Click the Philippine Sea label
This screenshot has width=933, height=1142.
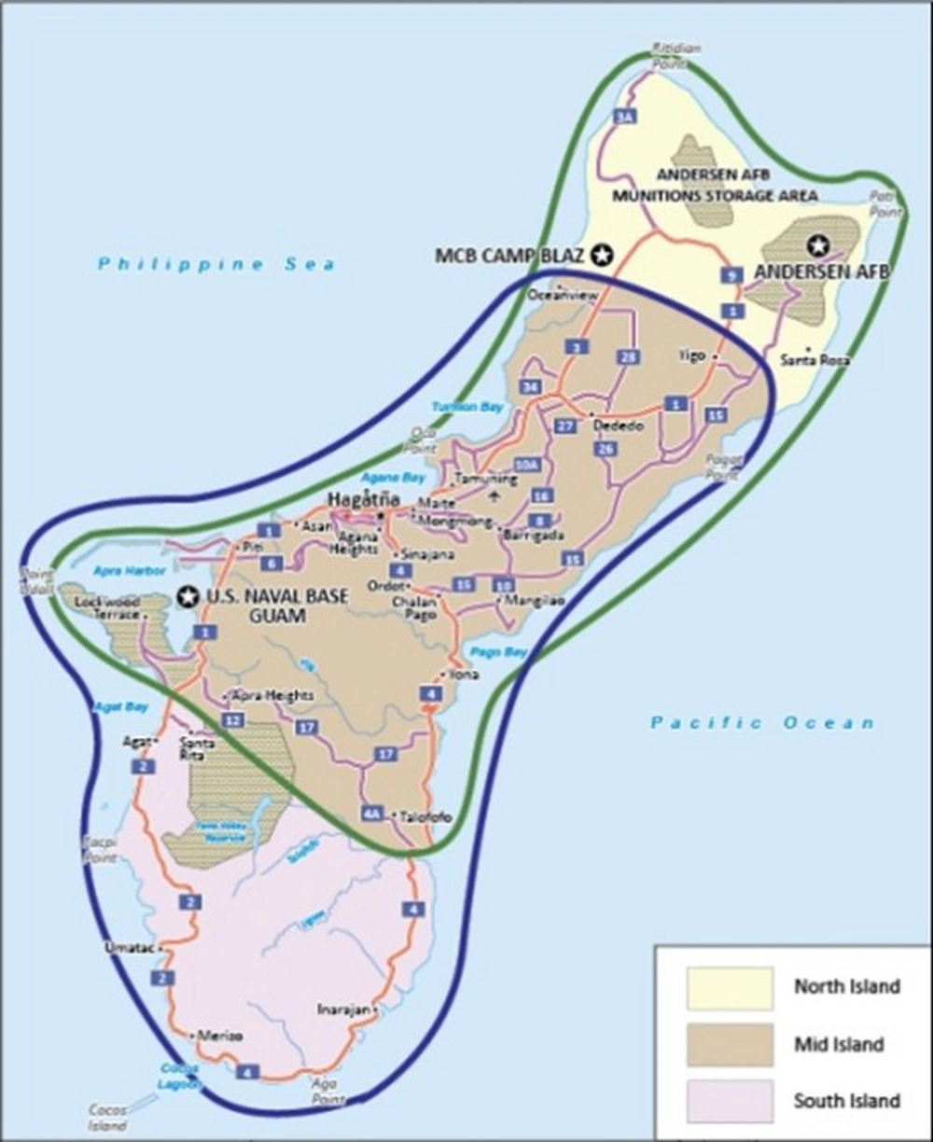(x=216, y=264)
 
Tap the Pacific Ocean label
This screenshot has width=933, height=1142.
(x=762, y=722)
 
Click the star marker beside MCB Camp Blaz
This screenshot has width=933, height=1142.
(x=604, y=254)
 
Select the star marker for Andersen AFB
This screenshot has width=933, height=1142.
(x=818, y=245)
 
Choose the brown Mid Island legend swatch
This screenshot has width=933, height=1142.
(x=730, y=1044)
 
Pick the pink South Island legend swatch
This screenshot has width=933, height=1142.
(x=730, y=1100)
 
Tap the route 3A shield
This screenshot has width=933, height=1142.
(x=624, y=118)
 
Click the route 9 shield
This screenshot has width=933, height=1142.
(x=732, y=275)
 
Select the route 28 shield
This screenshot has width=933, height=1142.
(x=627, y=357)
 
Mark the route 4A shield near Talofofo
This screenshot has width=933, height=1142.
(x=373, y=815)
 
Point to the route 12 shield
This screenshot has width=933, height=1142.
(x=233, y=719)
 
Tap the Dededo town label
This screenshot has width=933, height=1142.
(x=620, y=426)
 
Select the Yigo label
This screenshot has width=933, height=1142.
(x=691, y=355)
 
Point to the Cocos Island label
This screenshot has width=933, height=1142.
(x=107, y=1118)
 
